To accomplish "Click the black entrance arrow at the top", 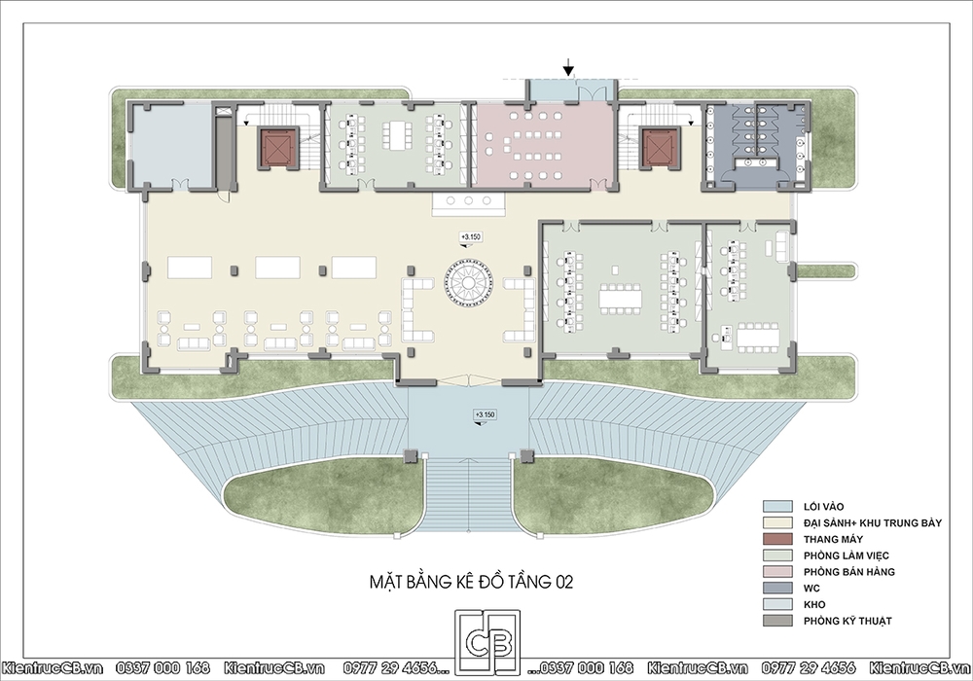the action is pyautogui.click(x=568, y=67).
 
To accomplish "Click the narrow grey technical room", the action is pyautogui.click(x=224, y=150).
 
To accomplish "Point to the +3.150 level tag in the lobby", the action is pyautogui.click(x=470, y=237).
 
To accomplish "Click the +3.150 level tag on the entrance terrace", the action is pyautogui.click(x=485, y=415).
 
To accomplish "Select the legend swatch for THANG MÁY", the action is pyautogui.click(x=777, y=539).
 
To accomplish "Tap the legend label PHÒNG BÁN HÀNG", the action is pyautogui.click(x=848, y=572).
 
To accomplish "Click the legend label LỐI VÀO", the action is pyautogui.click(x=823, y=507).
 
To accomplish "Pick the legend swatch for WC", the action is pyautogui.click(x=777, y=588).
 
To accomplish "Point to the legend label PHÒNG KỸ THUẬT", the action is pyautogui.click(x=847, y=621).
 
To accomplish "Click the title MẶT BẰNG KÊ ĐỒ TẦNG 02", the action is pyautogui.click(x=472, y=582).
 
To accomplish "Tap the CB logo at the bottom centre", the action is pyautogui.click(x=487, y=643).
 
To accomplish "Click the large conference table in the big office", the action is pyautogui.click(x=620, y=299).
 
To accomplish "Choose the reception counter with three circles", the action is pyautogui.click(x=469, y=202).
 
